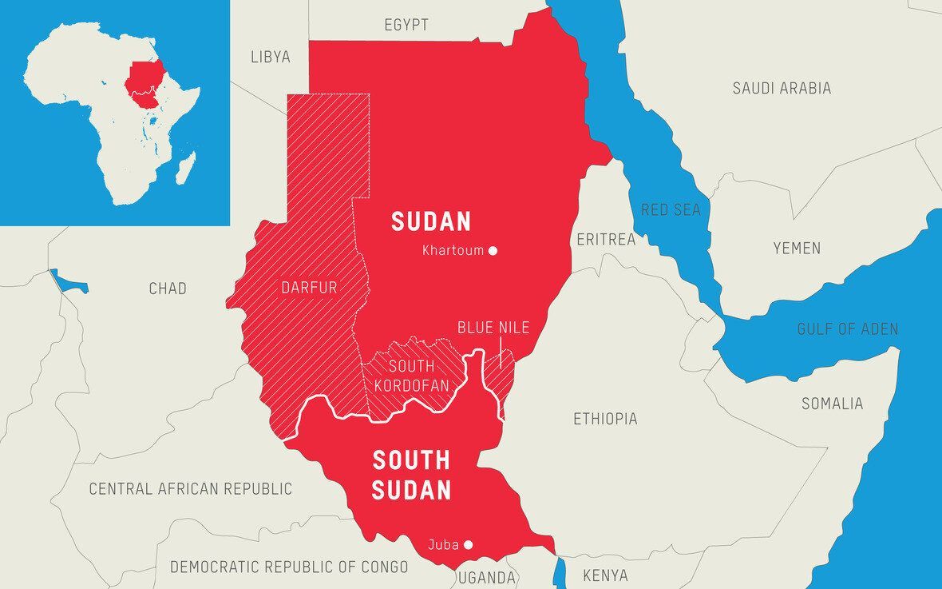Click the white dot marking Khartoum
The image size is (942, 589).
coord(493,250)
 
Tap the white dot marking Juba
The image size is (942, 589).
coord(469,545)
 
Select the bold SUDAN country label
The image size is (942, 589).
coord(431,221)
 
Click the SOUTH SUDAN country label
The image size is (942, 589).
coord(412,475)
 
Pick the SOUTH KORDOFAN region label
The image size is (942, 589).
coord(411,376)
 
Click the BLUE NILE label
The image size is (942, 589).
coord(493,328)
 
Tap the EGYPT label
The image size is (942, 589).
coord(406,25)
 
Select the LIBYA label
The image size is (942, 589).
coord(271,57)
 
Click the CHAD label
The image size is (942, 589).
coord(168,289)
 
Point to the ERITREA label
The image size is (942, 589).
coord(606,239)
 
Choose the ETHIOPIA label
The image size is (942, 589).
coord(605,419)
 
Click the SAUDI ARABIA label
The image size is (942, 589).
coord(782,89)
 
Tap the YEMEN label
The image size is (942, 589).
coord(796,249)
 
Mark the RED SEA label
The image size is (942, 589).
coord(671,210)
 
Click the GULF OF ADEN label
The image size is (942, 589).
coord(847,328)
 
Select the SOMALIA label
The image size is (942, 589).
coord(832,404)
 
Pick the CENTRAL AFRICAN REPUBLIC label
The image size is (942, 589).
coord(190,488)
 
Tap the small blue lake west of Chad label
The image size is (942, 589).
coord(67,282)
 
